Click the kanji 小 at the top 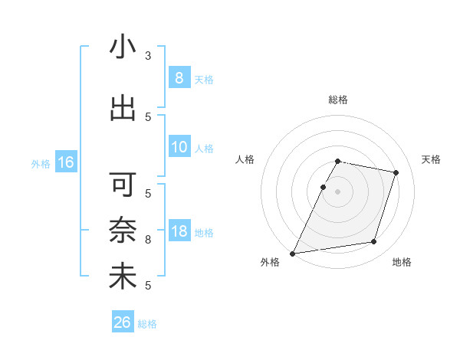pos(123,47)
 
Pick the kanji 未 pos(123,277)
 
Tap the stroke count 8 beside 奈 pos(148,240)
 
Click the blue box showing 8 pos(179,78)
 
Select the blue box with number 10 pos(179,148)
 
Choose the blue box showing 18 pos(179,232)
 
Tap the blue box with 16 pos(65,162)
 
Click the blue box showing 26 pos(122,322)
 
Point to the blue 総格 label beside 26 pos(147,324)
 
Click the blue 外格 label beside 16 pos(41,163)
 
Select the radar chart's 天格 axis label pos(431,159)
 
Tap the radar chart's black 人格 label pos(245,159)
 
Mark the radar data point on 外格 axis pos(293,253)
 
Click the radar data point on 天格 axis pos(396,172)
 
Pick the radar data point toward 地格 pos(373,242)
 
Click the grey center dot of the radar pos(337,191)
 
